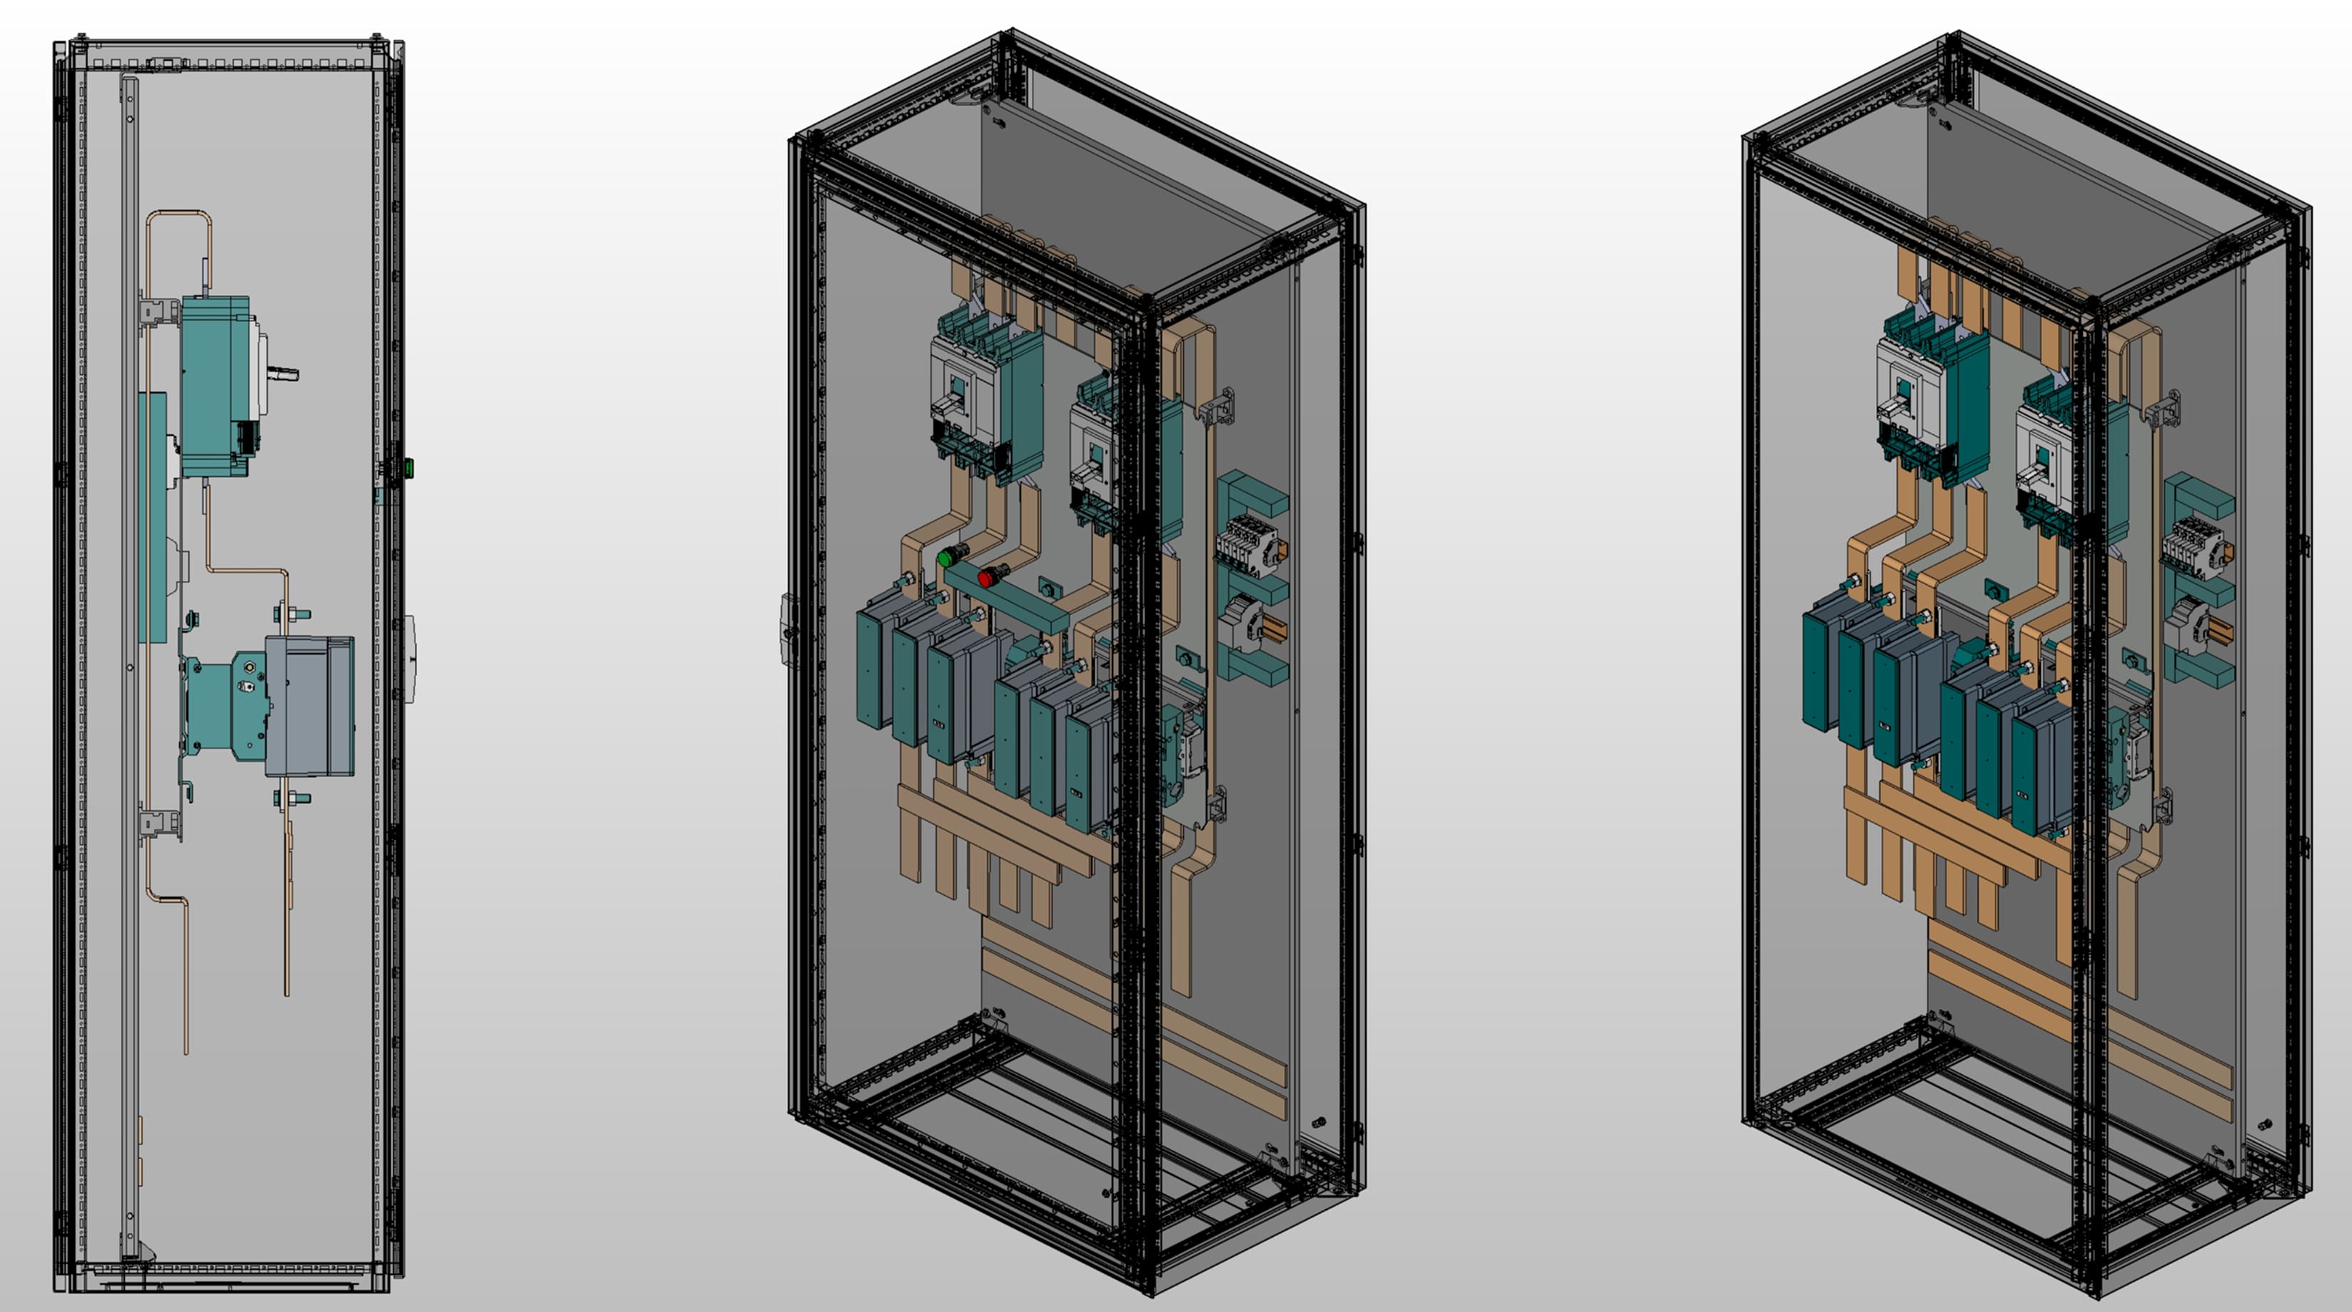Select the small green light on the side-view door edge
408,469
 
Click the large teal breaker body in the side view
216,384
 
